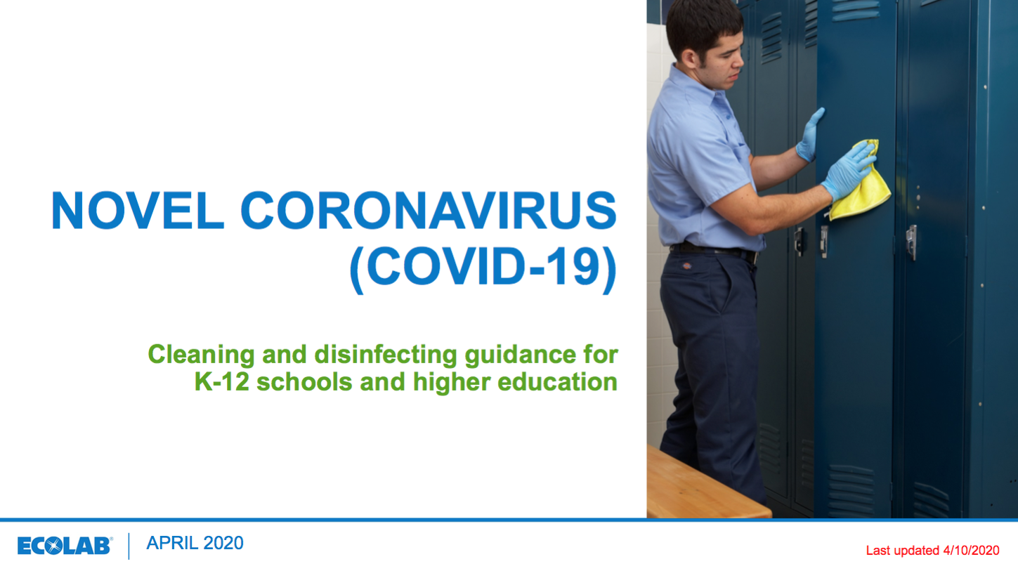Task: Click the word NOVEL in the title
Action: tap(138, 210)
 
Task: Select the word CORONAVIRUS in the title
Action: tap(428, 210)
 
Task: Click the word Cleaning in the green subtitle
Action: tap(201, 355)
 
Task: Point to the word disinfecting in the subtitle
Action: tap(386, 355)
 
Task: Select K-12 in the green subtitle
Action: tap(222, 381)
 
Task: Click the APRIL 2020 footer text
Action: tap(195, 544)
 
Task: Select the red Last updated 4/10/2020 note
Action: tap(932, 551)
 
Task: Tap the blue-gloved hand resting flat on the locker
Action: tap(810, 136)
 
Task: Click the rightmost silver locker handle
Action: tap(911, 242)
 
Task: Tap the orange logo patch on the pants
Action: tap(686, 265)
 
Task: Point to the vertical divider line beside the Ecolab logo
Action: tap(129, 546)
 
